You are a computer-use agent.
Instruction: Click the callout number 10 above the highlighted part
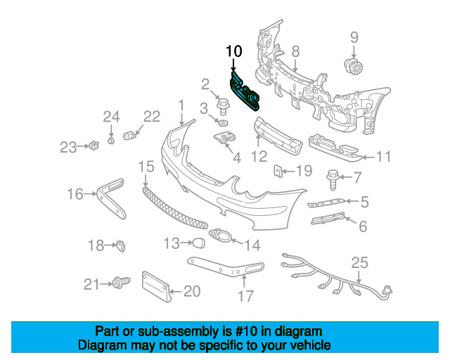[x=233, y=51]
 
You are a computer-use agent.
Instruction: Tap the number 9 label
[x=354, y=37]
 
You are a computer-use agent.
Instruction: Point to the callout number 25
[x=359, y=263]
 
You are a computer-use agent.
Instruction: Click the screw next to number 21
[x=119, y=283]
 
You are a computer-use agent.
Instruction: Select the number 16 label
[x=75, y=193]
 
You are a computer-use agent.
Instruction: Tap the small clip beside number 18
[x=121, y=245]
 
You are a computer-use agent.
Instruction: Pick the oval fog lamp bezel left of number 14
[x=220, y=237]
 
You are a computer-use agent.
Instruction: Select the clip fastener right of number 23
[x=92, y=146]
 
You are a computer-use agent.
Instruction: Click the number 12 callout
[x=259, y=156]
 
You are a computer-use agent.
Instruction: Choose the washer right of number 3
[x=222, y=124]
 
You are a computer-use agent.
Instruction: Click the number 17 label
[x=245, y=296]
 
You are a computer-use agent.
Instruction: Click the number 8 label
[x=295, y=51]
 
